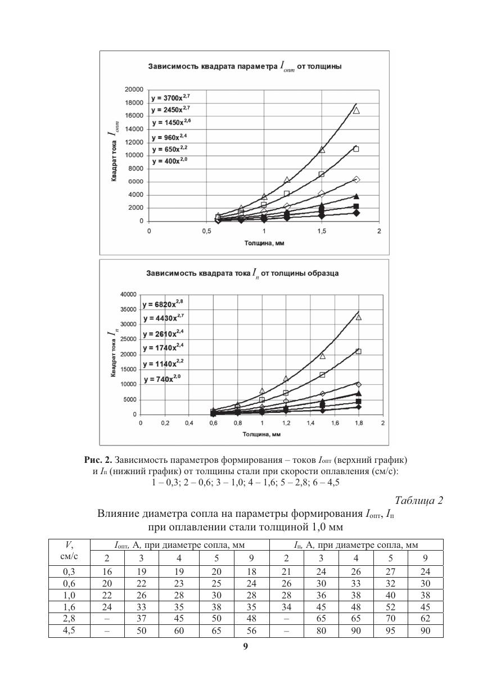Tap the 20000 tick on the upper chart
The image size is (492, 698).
pos(134,89)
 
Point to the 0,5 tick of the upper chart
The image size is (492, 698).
pos(206,231)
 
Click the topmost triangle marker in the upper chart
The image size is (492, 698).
pos(356,110)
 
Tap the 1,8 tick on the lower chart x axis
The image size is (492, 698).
pos(358,424)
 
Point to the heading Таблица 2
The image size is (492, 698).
pos(419,501)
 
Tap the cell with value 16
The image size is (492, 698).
pos(107,572)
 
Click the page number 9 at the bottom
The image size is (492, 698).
pos(245,646)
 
